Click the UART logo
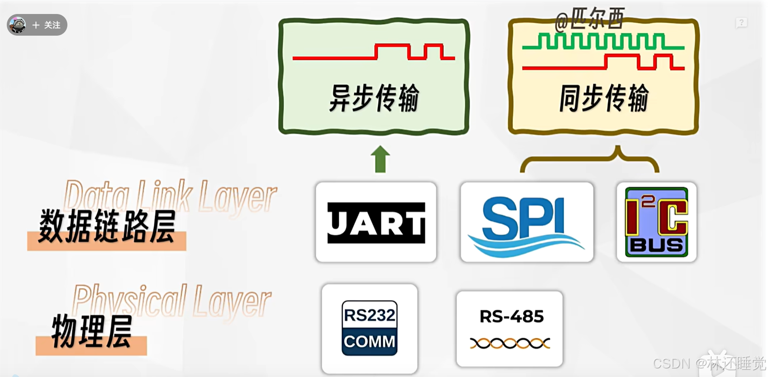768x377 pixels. tap(376, 223)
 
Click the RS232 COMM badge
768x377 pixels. tap(370, 328)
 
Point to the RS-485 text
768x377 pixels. tap(512, 316)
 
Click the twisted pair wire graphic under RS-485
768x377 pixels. tap(510, 344)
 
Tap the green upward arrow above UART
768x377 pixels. tap(380, 159)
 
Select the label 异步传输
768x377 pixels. tap(374, 98)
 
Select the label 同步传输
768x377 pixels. tap(604, 98)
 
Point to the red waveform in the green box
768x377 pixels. tap(374, 53)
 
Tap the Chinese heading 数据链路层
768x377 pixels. tap(107, 226)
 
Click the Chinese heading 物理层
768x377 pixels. tap(92, 332)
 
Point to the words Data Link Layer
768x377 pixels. tap(170, 196)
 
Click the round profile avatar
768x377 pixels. tap(18, 25)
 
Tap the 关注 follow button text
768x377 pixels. tap(52, 25)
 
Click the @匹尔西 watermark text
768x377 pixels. tap(590, 19)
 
